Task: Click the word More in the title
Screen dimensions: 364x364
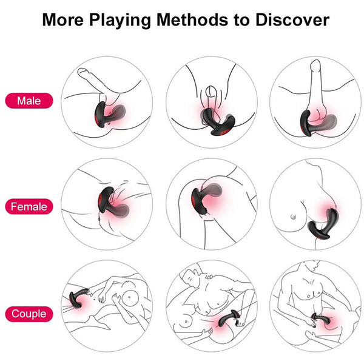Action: (62, 19)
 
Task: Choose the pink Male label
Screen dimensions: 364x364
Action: (30, 100)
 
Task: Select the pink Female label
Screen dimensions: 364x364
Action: (30, 207)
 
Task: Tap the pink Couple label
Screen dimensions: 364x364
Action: (30, 314)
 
